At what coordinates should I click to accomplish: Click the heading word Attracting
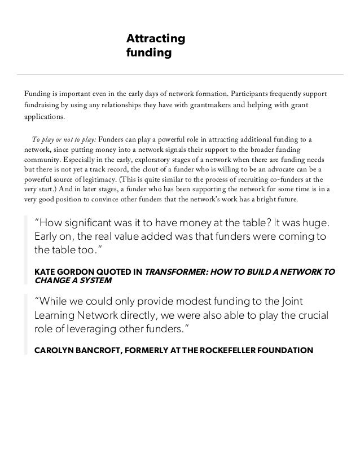click(x=155, y=39)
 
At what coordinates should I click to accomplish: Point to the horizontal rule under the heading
click(x=180, y=74)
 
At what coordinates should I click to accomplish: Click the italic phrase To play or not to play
click(x=64, y=139)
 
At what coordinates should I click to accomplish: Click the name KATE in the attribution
click(x=46, y=272)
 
